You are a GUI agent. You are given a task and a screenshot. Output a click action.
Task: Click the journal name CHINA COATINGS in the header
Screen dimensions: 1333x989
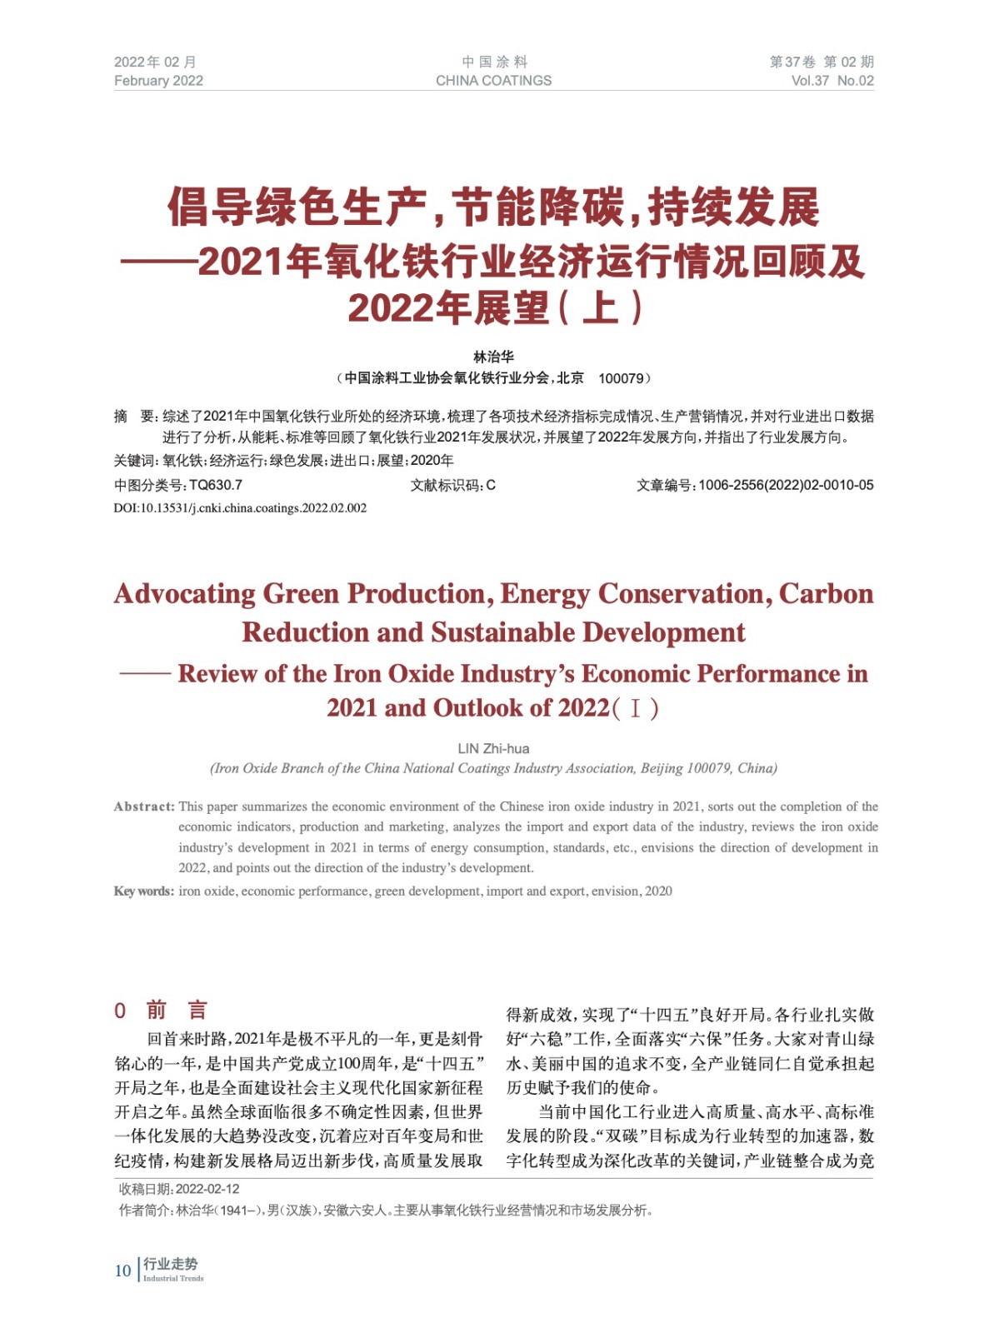tap(493, 81)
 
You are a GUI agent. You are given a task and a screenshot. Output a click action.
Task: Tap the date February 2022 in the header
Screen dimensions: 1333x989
tap(158, 81)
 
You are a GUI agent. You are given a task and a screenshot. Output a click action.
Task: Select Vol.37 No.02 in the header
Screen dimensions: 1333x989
tap(832, 81)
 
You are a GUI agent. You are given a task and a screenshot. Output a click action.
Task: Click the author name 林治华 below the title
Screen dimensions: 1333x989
tap(493, 357)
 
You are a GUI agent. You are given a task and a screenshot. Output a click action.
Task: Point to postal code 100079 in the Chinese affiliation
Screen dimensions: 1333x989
tap(621, 378)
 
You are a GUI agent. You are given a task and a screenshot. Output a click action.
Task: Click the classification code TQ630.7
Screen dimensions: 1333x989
tap(216, 485)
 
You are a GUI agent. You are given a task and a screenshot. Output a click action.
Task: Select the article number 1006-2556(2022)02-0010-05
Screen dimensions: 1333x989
tap(786, 485)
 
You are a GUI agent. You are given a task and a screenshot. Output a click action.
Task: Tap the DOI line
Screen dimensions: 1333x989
tap(240, 508)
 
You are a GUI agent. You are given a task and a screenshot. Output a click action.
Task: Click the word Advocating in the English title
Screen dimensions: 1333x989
tap(185, 594)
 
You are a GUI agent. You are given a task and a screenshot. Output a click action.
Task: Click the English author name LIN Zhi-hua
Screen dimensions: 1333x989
tap(493, 748)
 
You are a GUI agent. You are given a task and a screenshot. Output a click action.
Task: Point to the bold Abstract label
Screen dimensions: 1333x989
tap(144, 806)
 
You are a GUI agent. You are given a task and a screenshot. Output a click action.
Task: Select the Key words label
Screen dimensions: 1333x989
tap(144, 891)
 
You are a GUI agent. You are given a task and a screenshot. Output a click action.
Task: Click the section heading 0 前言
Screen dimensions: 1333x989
tap(161, 1011)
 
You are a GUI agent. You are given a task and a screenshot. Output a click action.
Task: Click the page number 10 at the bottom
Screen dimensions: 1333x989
tap(122, 1271)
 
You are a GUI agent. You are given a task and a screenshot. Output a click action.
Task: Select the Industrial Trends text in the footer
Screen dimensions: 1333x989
tap(173, 1279)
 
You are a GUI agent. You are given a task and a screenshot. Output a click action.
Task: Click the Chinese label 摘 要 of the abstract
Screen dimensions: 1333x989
tap(134, 417)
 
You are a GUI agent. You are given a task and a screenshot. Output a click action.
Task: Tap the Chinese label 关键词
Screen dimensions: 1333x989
tap(135, 461)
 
